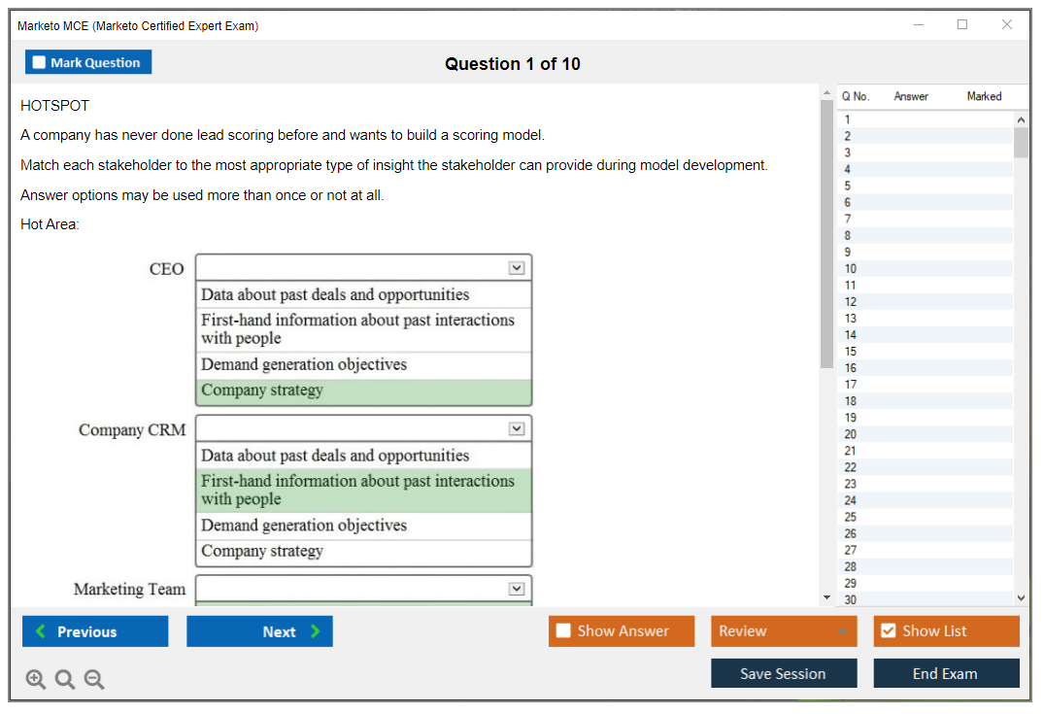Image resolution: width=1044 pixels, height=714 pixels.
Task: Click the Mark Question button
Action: pyautogui.click(x=88, y=62)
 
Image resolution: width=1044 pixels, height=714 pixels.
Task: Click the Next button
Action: pyautogui.click(x=259, y=631)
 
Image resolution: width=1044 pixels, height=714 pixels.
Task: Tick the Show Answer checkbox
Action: pyautogui.click(x=563, y=630)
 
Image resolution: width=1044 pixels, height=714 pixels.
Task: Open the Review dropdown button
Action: pyautogui.click(x=784, y=631)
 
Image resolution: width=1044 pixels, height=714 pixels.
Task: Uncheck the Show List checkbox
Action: pyautogui.click(x=889, y=630)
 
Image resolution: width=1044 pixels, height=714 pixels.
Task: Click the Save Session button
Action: pyautogui.click(x=784, y=673)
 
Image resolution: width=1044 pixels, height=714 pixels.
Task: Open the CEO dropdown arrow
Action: pyautogui.click(x=517, y=268)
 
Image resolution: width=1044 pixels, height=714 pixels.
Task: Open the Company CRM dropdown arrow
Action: pyautogui.click(x=517, y=429)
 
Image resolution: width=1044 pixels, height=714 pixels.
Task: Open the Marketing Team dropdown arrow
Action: pyautogui.click(x=517, y=589)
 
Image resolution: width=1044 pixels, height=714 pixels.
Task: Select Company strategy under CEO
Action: pyautogui.click(x=262, y=391)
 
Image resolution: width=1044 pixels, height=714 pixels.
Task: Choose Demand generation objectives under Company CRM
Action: pyautogui.click(x=304, y=526)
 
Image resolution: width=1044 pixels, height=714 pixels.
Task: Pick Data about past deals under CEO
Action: pyautogui.click(x=335, y=294)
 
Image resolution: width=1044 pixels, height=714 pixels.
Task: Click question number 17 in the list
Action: pyautogui.click(x=850, y=385)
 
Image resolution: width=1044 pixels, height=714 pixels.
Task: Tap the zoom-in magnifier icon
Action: pyautogui.click(x=35, y=679)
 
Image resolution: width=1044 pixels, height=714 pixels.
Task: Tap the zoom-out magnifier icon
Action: pyautogui.click(x=94, y=679)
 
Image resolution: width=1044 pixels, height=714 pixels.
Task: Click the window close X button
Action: pyautogui.click(x=1007, y=24)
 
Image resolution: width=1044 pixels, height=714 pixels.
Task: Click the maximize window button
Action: pyautogui.click(x=962, y=24)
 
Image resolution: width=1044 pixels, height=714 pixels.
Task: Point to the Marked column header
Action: pyautogui.click(x=984, y=96)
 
